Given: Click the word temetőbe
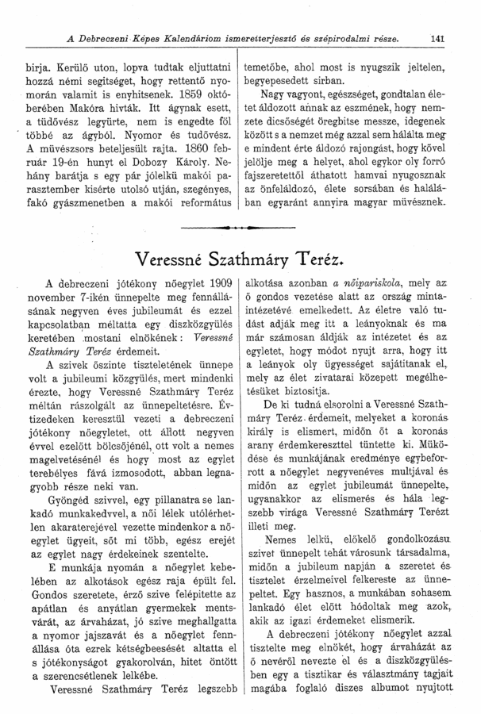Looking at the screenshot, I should pyautogui.click(x=271, y=59).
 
